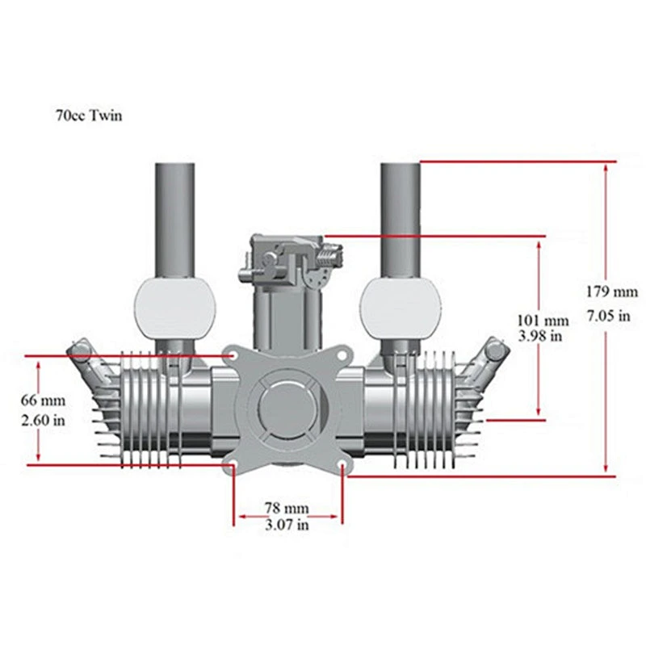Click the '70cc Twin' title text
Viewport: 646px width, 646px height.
point(89,115)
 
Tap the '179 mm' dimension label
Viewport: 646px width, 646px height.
point(612,292)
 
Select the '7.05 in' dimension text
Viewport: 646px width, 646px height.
point(609,316)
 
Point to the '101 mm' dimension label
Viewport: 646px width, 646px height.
point(543,321)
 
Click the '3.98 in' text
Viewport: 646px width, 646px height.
point(539,336)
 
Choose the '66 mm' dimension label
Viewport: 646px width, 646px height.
point(43,400)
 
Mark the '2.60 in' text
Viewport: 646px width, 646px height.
point(43,420)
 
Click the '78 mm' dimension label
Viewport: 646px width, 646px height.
point(287,508)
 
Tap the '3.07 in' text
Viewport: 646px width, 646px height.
point(287,524)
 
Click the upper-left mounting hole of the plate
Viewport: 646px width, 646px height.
point(233,355)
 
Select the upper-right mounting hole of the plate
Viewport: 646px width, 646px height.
point(342,355)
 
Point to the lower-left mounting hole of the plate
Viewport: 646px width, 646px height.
point(233,464)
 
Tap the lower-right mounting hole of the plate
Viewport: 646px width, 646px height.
point(342,464)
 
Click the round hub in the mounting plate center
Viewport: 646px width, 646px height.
point(287,408)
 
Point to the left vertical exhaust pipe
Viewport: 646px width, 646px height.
point(175,220)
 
